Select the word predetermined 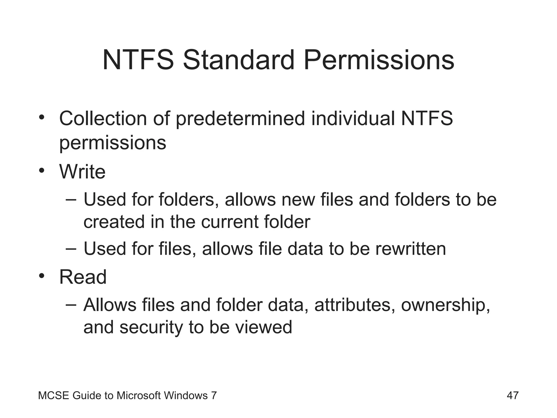240,119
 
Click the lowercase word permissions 113,143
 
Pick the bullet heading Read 83,277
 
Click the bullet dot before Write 41,171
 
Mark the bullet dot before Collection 41,118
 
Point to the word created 114,222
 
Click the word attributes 355,305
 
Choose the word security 151,327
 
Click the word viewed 264,327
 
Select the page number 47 513,395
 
